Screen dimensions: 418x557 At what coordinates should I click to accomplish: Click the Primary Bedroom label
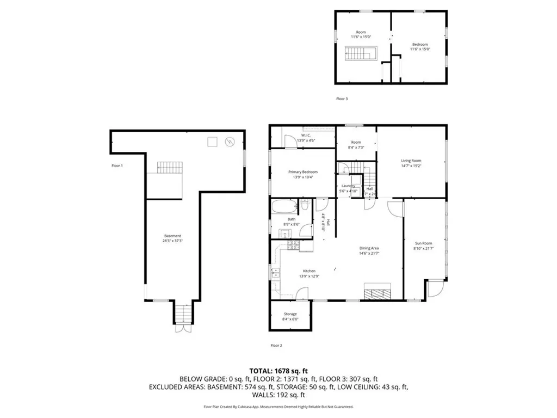pos(302,172)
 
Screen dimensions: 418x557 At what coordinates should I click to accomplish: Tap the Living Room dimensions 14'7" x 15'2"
pos(411,167)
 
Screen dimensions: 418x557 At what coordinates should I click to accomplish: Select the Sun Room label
pos(423,243)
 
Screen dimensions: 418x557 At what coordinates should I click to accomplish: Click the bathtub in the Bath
pos(283,207)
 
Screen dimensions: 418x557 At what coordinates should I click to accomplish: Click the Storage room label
pos(290,314)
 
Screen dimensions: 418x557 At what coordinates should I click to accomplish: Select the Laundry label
pos(348,186)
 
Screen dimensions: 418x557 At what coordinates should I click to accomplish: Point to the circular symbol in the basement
pos(230,142)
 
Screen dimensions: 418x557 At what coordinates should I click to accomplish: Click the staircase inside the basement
pos(169,167)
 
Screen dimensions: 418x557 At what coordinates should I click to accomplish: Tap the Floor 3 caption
pos(342,99)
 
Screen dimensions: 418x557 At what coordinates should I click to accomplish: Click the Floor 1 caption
pos(116,165)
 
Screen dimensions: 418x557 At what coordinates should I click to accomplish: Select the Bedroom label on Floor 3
pos(419,45)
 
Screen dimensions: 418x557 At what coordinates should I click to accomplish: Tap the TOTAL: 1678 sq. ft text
pos(278,370)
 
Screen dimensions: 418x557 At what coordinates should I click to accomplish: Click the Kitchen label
pos(309,271)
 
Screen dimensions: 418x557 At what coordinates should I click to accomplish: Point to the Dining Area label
pos(369,248)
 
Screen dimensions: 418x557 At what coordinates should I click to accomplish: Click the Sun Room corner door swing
pos(435,288)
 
